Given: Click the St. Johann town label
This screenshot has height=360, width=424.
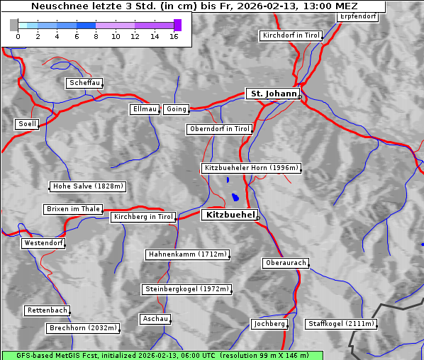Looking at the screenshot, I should click(x=272, y=94).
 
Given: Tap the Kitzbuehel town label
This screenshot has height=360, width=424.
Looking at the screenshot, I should click(x=229, y=215).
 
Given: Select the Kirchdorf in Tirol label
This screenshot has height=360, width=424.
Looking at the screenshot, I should click(x=291, y=35).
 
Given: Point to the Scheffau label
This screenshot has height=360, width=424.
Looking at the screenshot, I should click(x=84, y=84).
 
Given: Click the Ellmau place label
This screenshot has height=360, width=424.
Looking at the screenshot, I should click(x=145, y=109).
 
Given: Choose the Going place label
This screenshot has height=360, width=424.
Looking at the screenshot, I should click(x=176, y=109).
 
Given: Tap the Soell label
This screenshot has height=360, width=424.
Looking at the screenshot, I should click(x=27, y=124).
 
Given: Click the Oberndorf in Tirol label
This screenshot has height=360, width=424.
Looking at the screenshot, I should click(x=219, y=129).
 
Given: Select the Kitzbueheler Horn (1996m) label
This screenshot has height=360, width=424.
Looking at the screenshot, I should click(x=252, y=169).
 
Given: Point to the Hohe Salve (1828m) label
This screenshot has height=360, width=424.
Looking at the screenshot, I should click(x=88, y=186).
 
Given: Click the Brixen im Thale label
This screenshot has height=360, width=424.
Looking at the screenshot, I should click(x=73, y=209).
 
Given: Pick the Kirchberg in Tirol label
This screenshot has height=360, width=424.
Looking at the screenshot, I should click(x=143, y=217).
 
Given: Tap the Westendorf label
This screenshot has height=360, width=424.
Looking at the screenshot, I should click(x=43, y=243).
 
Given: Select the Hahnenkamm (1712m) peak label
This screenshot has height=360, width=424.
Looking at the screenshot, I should click(x=187, y=254).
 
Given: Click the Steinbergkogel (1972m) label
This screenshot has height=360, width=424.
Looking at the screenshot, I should click(x=186, y=289).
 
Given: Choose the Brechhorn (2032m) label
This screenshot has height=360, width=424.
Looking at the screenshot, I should click(x=83, y=328).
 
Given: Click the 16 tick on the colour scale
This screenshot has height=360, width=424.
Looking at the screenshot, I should click(x=174, y=36).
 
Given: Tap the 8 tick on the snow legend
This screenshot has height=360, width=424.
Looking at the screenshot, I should click(x=96, y=36).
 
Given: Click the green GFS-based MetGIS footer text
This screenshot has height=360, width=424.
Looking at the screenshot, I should click(x=162, y=355).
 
